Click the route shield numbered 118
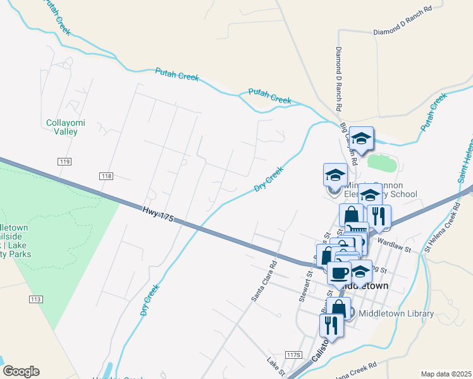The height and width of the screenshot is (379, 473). [x=106, y=175]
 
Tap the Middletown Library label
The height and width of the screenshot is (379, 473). [x=396, y=313]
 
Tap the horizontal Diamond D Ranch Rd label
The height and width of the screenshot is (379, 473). [x=402, y=20]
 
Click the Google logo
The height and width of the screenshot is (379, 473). [x=21, y=371]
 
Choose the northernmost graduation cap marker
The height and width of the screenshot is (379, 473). [x=361, y=138]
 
